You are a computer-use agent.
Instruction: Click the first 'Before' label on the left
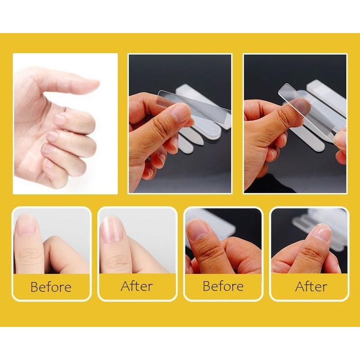(51, 287)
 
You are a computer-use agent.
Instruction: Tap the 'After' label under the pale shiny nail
(137, 287)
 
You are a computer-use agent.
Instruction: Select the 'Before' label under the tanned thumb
(223, 286)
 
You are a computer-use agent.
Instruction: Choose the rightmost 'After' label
(311, 287)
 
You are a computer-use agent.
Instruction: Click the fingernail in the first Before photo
(27, 225)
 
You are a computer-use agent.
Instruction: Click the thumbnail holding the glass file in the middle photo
(181, 112)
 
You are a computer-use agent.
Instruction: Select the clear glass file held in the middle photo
(194, 108)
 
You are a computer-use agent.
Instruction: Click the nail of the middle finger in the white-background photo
(59, 119)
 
